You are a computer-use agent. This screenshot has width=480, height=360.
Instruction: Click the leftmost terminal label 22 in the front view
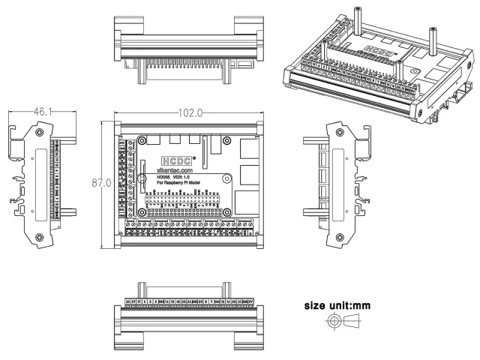click(128, 301)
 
